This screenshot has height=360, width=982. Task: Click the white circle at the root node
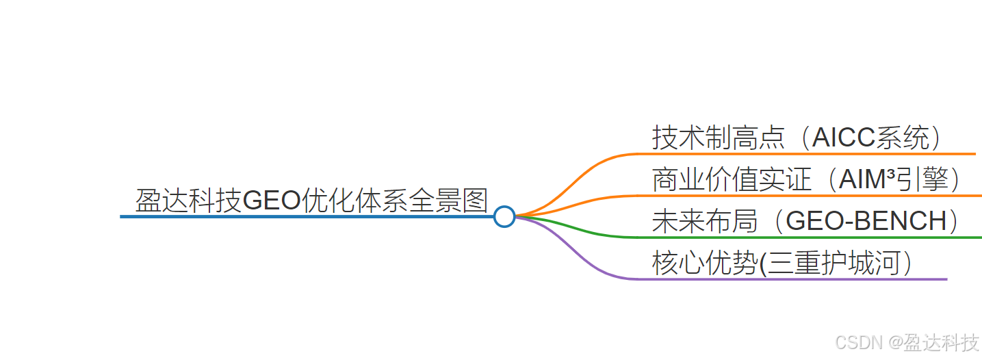504,216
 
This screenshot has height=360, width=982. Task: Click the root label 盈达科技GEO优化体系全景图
311,201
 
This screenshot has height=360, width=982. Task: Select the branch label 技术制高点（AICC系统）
797,138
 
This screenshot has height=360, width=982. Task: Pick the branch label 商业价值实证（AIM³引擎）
807,179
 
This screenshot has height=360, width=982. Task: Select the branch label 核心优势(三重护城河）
782,263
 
